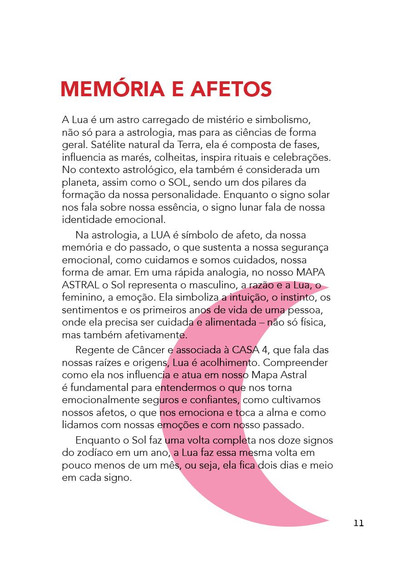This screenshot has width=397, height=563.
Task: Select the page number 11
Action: tap(358, 523)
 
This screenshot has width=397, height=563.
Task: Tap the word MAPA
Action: tap(309, 272)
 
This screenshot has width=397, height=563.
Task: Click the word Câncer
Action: tap(150, 351)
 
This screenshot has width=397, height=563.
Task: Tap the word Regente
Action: tap(94, 351)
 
